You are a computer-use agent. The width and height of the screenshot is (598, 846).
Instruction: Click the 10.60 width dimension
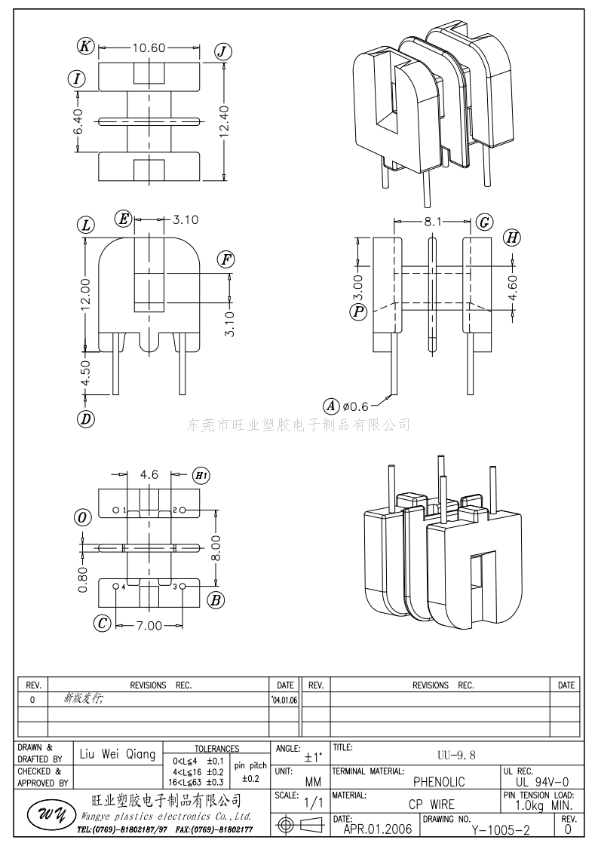(x=149, y=48)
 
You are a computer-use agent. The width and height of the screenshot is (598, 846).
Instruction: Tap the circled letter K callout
(x=86, y=47)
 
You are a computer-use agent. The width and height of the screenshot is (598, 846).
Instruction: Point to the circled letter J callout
(x=222, y=51)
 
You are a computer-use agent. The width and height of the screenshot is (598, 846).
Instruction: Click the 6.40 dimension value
(x=78, y=121)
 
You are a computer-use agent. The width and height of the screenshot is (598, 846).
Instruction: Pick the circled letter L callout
(x=86, y=225)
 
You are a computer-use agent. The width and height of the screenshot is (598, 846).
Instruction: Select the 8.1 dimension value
(x=433, y=222)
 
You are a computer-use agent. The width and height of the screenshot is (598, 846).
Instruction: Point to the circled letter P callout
(x=358, y=311)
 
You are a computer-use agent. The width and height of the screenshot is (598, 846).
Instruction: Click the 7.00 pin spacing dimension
(x=149, y=625)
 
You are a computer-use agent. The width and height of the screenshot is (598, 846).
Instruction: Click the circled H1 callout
(x=201, y=475)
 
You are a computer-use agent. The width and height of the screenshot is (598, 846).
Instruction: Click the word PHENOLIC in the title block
(x=439, y=782)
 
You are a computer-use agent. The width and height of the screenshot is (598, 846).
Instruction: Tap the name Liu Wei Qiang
(x=118, y=754)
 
